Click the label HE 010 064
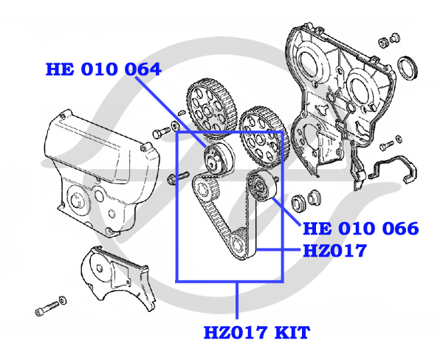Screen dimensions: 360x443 [x=103, y=71]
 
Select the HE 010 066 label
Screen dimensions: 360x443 [x=360, y=228]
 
